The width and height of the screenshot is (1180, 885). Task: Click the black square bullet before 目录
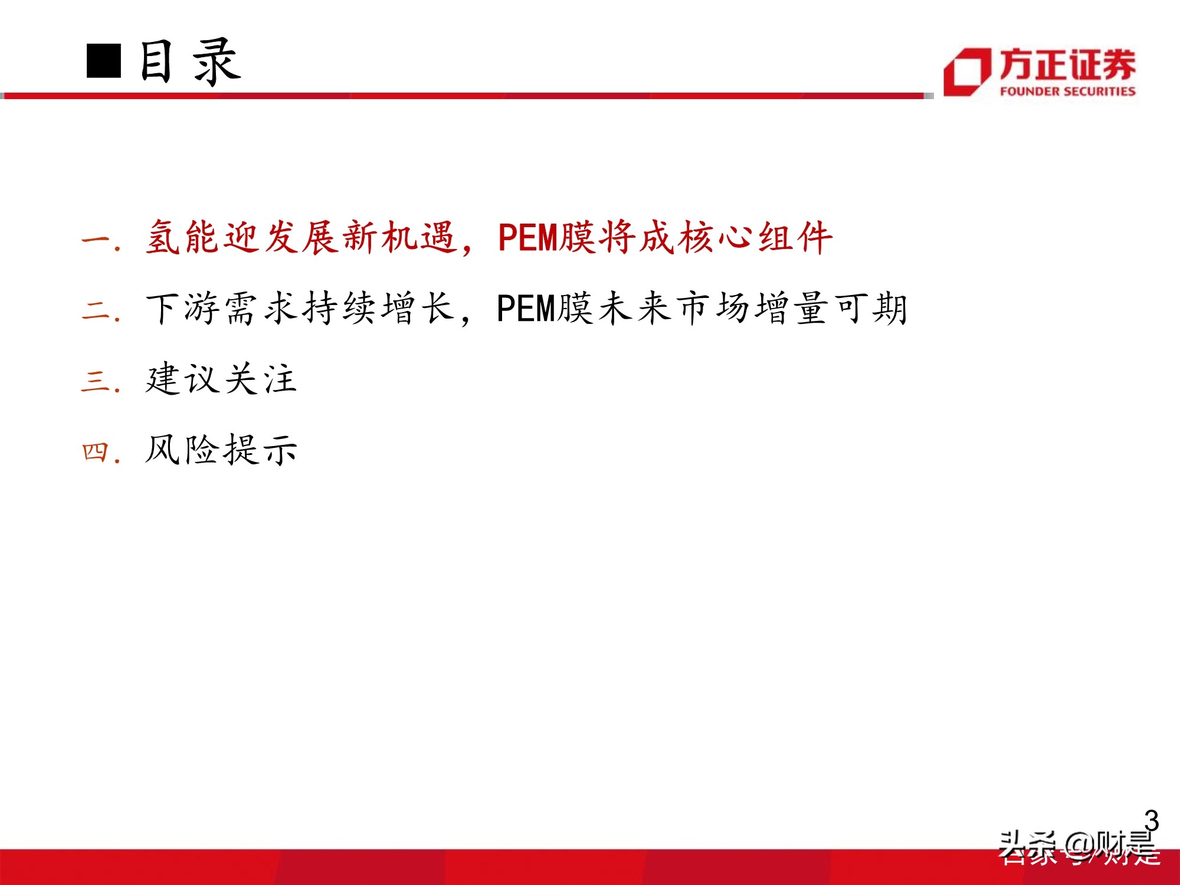pos(104,61)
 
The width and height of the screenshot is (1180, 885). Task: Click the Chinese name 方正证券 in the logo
pos(1067,64)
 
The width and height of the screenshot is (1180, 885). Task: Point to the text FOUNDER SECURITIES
pos(1067,91)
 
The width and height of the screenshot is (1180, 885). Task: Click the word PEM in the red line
pos(527,238)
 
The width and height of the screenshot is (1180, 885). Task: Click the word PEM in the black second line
pos(526,309)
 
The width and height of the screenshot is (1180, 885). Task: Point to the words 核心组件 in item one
pos(756,238)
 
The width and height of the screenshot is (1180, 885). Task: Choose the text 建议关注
pos(221,379)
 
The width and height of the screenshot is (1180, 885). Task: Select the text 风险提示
pos(221,450)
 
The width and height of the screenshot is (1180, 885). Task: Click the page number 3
pos(1151,821)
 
